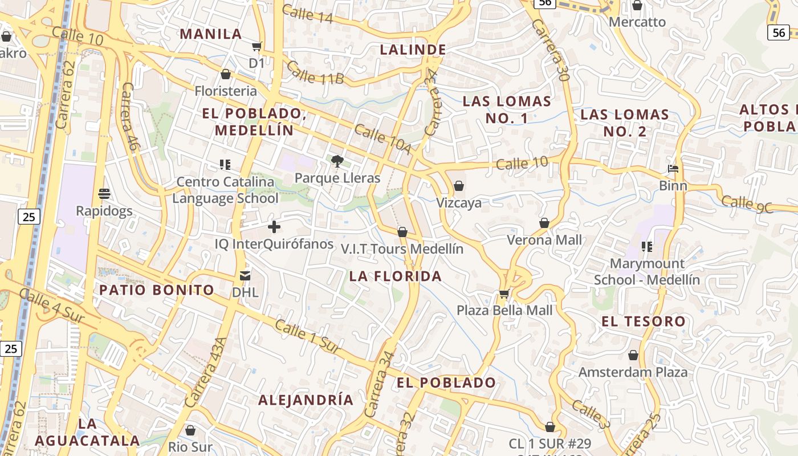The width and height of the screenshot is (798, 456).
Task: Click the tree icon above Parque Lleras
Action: (x=337, y=161)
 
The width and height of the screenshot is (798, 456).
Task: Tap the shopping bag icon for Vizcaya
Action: (x=459, y=186)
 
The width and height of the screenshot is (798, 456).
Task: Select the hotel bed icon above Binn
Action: (x=673, y=169)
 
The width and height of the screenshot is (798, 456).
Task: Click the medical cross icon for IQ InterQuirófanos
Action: (x=274, y=227)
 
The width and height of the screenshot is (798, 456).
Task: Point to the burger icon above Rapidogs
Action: (x=104, y=194)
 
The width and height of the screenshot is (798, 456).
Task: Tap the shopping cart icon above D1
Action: (x=257, y=46)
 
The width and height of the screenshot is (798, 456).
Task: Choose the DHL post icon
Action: (x=245, y=276)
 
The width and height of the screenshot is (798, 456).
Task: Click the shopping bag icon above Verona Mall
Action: (x=544, y=223)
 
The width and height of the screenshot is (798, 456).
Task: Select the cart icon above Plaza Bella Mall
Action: (x=504, y=294)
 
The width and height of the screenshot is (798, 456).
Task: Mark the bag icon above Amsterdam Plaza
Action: (x=633, y=356)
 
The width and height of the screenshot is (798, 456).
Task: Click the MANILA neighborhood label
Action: (x=211, y=34)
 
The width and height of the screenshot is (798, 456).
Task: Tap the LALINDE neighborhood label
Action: (x=413, y=50)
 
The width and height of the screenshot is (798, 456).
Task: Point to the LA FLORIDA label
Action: (x=396, y=276)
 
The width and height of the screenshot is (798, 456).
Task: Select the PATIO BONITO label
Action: (x=157, y=290)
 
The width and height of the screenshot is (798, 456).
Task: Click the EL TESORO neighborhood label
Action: (x=644, y=321)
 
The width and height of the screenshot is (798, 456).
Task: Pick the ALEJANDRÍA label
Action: (x=306, y=400)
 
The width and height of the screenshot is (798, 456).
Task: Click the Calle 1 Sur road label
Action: (x=308, y=336)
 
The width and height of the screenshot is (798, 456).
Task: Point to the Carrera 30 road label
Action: (x=551, y=50)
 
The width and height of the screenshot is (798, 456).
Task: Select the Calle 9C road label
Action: (x=747, y=204)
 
